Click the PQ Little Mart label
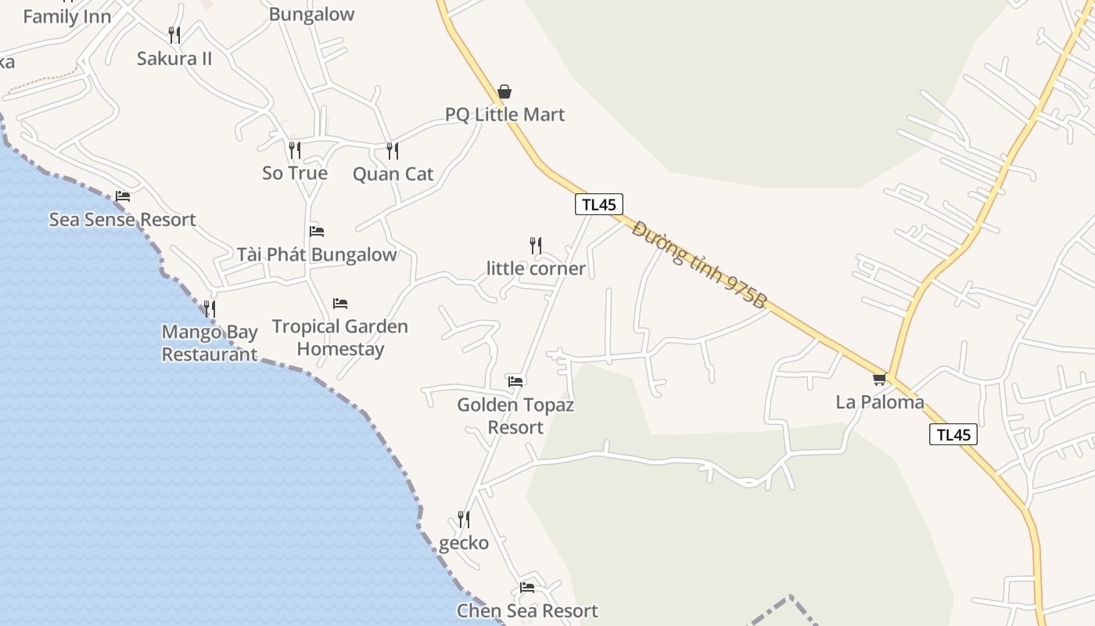tap(504, 114)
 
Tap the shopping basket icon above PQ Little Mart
tap(504, 92)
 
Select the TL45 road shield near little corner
tap(599, 204)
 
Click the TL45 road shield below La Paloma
tap(953, 435)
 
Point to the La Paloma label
tap(880, 402)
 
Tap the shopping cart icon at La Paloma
tap(879, 380)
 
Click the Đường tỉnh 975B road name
tap(698, 264)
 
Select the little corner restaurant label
tap(536, 268)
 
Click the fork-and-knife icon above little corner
tap(536, 246)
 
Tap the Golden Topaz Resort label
tap(515, 416)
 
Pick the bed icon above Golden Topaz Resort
tap(515, 382)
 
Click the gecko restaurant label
tap(464, 543)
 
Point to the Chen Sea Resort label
tap(527, 610)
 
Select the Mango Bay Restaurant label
tap(210, 343)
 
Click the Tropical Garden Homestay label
tap(340, 337)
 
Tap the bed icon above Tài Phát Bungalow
tap(317, 232)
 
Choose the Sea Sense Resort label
tap(122, 219)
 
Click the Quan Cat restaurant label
tap(393, 174)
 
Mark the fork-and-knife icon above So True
tap(295, 149)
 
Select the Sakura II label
tap(174, 59)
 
